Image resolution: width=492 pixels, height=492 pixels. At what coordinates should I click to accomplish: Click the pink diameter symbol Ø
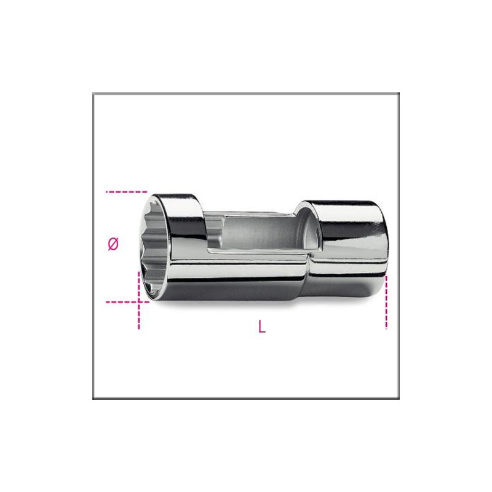(x=113, y=244)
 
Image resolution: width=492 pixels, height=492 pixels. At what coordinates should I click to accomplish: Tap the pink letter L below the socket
(x=262, y=327)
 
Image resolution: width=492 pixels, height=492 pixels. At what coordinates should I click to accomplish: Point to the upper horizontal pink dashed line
(x=126, y=192)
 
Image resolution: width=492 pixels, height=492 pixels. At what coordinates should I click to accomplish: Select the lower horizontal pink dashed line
(x=127, y=302)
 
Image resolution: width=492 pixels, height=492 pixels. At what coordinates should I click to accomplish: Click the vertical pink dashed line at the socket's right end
(x=386, y=303)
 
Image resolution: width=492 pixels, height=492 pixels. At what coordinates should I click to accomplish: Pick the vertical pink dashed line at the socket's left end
(x=139, y=300)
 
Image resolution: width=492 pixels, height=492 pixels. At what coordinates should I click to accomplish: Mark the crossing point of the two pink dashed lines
(x=139, y=302)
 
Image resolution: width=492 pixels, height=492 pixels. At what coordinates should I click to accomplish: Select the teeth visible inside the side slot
(x=215, y=231)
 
